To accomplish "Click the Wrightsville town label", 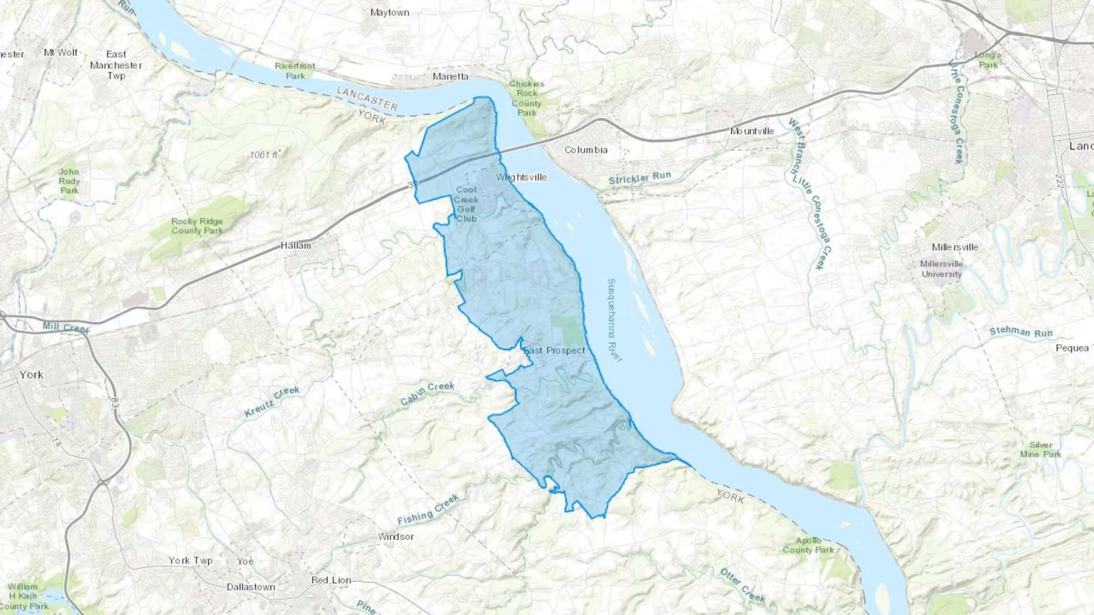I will point(521,177).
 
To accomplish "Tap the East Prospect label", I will point(554,350).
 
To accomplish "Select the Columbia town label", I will point(586,150).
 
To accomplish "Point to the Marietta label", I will point(450,76).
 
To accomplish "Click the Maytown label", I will point(390,13).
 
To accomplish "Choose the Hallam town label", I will point(296,246).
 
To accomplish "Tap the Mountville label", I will point(752,131).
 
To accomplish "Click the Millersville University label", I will point(941,269).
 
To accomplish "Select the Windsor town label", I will point(396,537).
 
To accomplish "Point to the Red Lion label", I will point(331,580).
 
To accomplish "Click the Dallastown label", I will point(250,587).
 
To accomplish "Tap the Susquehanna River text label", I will point(614,320).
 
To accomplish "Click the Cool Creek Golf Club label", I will point(466,204).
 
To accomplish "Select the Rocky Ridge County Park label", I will point(197,226).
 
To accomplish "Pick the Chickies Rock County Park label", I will point(526,98).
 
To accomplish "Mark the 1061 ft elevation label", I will point(264,155).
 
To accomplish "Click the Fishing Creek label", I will point(428,510).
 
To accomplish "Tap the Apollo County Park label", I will point(808,545).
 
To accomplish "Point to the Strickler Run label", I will point(639,178).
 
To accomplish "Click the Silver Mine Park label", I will point(1041,449).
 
